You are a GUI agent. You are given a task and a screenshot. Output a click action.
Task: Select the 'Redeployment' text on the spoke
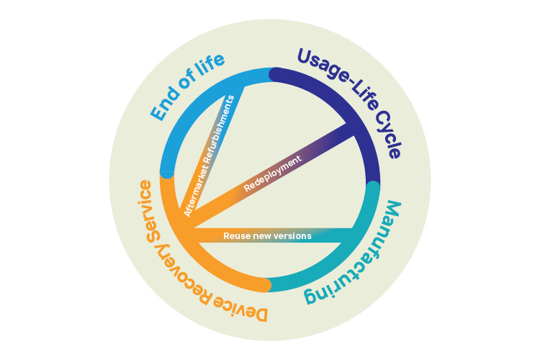(x=272, y=174)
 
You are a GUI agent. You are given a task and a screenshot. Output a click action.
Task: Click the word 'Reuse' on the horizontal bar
(x=236, y=236)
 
